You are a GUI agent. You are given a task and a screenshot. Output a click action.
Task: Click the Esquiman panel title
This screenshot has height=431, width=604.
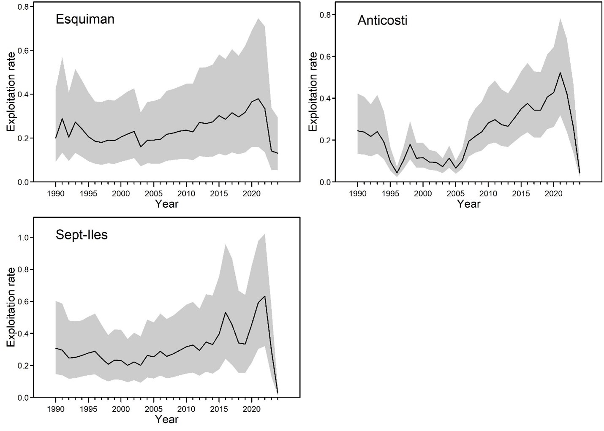click(x=85, y=19)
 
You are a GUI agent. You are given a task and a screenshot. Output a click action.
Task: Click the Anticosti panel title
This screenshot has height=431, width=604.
click(x=382, y=20)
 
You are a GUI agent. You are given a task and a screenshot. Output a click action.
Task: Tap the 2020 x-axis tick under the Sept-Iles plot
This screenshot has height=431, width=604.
click(x=252, y=409)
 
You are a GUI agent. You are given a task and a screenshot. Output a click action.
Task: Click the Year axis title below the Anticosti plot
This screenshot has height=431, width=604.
click(x=468, y=204)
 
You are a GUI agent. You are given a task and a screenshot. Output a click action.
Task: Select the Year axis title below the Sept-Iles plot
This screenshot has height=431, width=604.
click(x=166, y=420)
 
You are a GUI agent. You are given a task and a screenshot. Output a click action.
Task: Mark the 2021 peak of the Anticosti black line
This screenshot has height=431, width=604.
click(x=560, y=73)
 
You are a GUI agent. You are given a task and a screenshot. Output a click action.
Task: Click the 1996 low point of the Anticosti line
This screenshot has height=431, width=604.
click(x=397, y=173)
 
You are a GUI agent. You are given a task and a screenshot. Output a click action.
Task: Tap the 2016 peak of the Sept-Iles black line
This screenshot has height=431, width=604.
click(x=226, y=312)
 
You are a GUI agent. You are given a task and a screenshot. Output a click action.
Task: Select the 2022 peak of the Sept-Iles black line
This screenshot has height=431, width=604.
click(x=265, y=296)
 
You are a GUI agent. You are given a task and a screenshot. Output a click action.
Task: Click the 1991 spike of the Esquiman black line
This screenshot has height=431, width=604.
click(x=62, y=119)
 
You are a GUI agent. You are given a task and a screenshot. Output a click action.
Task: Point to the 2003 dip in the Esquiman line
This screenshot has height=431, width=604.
click(x=141, y=147)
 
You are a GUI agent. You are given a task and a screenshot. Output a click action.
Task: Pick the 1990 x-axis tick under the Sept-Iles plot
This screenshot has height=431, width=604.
click(x=55, y=409)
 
